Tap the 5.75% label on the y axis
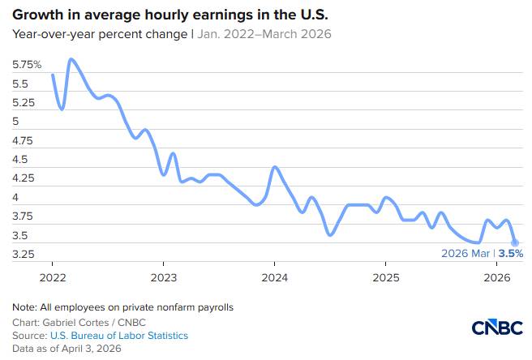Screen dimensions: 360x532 point(27,64)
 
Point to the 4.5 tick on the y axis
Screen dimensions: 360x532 point(22,160)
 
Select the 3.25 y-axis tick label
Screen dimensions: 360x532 point(24,255)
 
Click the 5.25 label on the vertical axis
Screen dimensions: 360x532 point(24,103)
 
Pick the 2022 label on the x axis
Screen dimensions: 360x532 point(52,276)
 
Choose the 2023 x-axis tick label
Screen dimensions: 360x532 point(163,276)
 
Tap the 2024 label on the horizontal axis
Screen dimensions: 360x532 point(274,276)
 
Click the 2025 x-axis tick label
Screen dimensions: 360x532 point(385,276)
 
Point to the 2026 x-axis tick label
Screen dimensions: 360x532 point(496,276)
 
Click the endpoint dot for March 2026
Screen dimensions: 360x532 point(515,242)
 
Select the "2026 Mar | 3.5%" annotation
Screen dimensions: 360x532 point(482,254)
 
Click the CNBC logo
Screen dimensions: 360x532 point(496,328)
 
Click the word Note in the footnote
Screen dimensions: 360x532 point(24,307)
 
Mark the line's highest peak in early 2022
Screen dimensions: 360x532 point(71,59)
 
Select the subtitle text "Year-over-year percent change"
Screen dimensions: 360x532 point(99,34)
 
